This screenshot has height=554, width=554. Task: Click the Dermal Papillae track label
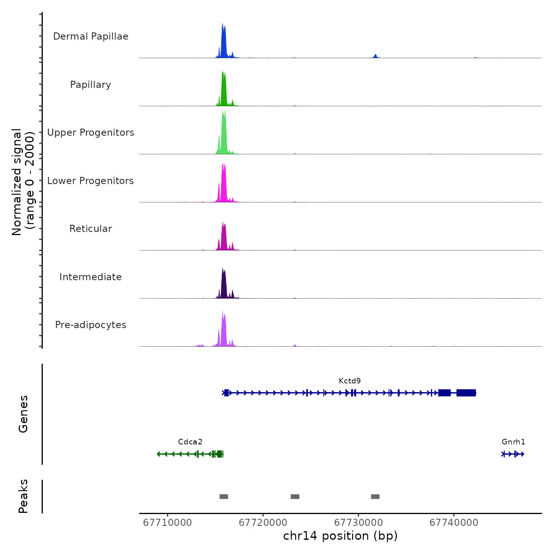click(x=91, y=36)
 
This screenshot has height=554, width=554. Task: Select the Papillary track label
click(x=91, y=85)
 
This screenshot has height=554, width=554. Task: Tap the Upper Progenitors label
click(x=91, y=133)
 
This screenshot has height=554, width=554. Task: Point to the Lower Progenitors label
click(x=91, y=181)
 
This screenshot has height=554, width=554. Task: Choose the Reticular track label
click(x=91, y=229)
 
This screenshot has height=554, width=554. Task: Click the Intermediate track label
click(x=91, y=277)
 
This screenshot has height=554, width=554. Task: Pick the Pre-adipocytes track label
click(x=91, y=325)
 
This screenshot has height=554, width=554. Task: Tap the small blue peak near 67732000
click(x=375, y=56)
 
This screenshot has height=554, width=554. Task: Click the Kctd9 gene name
click(x=350, y=381)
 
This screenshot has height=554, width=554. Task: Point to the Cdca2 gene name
click(x=190, y=442)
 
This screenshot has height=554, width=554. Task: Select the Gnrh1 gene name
click(x=513, y=442)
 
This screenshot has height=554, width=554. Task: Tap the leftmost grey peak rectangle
click(x=224, y=497)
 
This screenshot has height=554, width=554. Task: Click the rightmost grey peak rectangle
click(x=375, y=497)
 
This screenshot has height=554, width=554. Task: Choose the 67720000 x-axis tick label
click(x=263, y=523)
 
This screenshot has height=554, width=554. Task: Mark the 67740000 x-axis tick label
click(x=454, y=523)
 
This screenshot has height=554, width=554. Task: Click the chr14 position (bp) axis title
click(x=340, y=536)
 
